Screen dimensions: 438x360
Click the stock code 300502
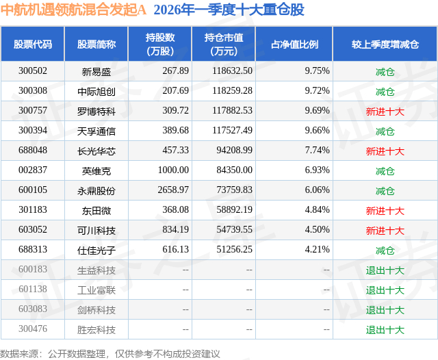pyautogui.click(x=33, y=71)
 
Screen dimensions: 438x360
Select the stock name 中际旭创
pyautogui.click(x=96, y=92)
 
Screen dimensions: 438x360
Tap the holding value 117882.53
pyautogui.click(x=232, y=111)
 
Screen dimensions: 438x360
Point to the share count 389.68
pyautogui.click(x=175, y=131)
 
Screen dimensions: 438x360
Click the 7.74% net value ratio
pyautogui.click(x=317, y=151)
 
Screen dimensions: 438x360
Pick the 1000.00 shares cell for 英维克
pyautogui.click(x=173, y=170)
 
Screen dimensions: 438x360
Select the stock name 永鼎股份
pyautogui.click(x=96, y=191)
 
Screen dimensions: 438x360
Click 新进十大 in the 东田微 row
pyautogui.click(x=385, y=211)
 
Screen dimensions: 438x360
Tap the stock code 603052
pyautogui.click(x=33, y=229)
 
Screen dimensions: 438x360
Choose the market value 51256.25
pyautogui.click(x=234, y=249)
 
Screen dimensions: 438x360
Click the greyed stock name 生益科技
pyautogui.click(x=96, y=270)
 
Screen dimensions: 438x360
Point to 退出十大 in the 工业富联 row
pyautogui.click(x=385, y=290)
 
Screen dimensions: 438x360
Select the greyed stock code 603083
pyautogui.click(x=33, y=309)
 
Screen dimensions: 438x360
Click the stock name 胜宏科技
pyautogui.click(x=96, y=330)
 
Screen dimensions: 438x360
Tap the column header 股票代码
pyautogui.click(x=33, y=44)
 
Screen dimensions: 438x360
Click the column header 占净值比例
pyautogui.click(x=294, y=44)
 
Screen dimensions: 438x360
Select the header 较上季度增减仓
pyautogui.click(x=385, y=44)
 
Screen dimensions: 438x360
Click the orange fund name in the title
pyautogui.click(x=73, y=10)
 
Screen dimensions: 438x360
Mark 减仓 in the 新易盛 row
pyautogui.click(x=385, y=72)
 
